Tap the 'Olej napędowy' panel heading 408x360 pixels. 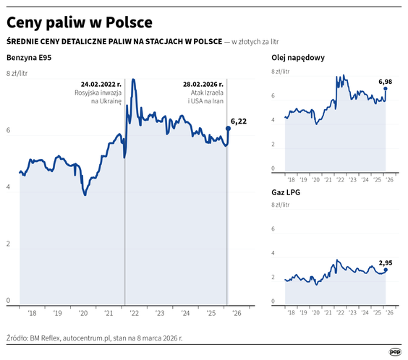(297, 57)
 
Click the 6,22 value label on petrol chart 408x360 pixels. (239, 121)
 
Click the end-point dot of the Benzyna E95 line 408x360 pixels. (228, 129)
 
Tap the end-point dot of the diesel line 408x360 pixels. (386, 89)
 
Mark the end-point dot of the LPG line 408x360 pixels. (386, 270)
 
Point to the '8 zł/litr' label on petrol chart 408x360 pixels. (17, 74)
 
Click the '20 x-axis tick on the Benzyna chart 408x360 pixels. (83, 313)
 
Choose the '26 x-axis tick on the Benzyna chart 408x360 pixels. (237, 313)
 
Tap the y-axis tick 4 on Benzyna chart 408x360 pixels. (9, 189)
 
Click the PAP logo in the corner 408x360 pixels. (394, 351)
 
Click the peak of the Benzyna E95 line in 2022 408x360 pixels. (134, 80)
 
